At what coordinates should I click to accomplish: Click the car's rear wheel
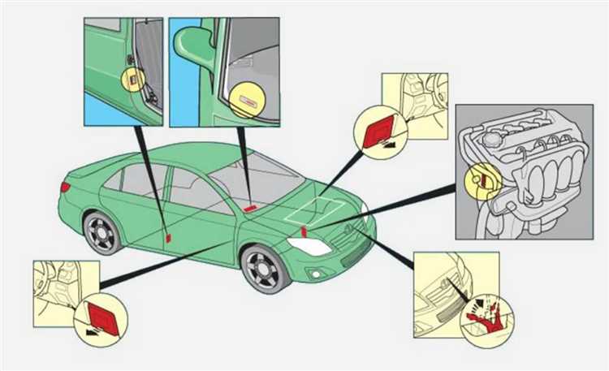pyautogui.click(x=101, y=232)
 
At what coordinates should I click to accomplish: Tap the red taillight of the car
pyautogui.click(x=65, y=187)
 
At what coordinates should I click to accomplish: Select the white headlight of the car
pyautogui.click(x=309, y=246)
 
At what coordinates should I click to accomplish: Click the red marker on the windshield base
pyautogui.click(x=249, y=208)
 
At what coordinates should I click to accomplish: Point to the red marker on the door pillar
pyautogui.click(x=167, y=238)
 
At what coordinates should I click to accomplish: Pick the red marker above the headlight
pyautogui.click(x=304, y=232)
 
